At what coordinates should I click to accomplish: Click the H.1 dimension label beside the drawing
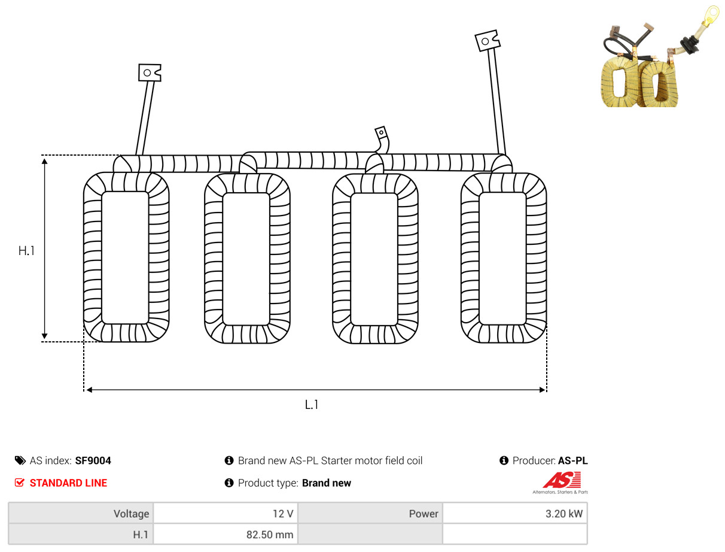[26, 250]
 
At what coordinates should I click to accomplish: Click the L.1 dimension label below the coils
[311, 405]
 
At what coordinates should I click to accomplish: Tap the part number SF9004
[93, 460]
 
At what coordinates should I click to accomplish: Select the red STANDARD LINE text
[68, 483]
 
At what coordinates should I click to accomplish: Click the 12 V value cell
[226, 513]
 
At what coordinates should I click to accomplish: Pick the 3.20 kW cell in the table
[515, 513]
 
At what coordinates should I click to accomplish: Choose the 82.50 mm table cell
[226, 534]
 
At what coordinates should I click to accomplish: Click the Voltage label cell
[81, 513]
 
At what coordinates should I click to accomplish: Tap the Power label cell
[370, 513]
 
